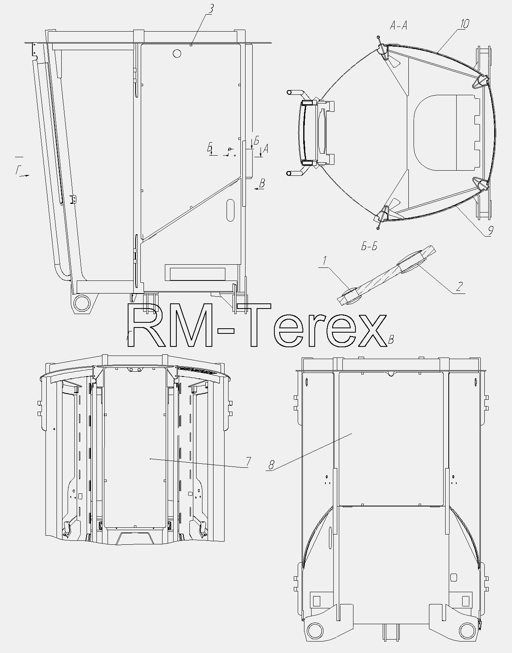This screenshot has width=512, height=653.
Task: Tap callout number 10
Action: point(464,24)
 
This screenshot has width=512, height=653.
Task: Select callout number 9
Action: point(490,230)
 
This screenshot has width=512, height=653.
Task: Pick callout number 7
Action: point(248,461)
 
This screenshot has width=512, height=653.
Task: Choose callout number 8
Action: point(271,465)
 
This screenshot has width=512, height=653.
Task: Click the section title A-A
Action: point(399,26)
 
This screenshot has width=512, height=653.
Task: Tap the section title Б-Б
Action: point(369,247)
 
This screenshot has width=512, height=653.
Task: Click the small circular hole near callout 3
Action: point(177,53)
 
